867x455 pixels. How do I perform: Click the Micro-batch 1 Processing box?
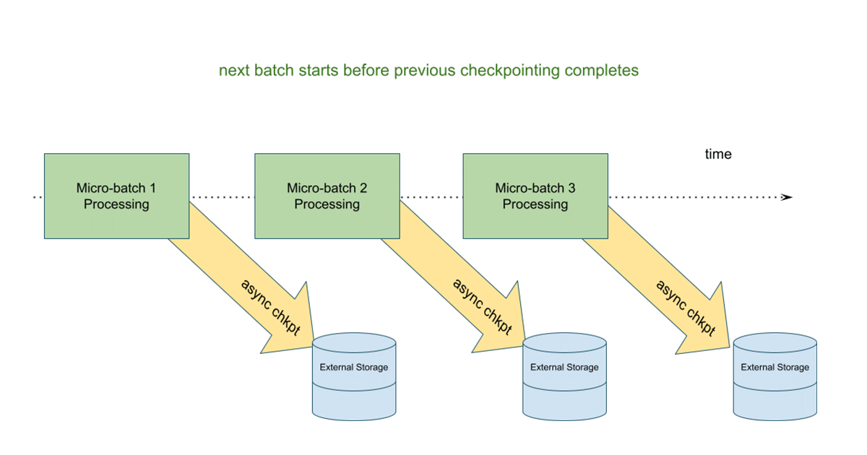coord(116,196)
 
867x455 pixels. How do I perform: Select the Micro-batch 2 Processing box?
coord(327,196)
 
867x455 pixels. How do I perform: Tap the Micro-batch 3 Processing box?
coord(535,196)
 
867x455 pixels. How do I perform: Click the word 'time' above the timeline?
coord(718,154)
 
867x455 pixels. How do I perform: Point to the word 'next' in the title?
coord(232,71)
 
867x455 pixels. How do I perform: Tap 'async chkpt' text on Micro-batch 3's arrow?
coord(685,308)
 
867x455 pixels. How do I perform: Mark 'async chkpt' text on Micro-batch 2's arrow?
coord(482,306)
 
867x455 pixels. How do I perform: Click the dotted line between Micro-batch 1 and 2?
coord(222,197)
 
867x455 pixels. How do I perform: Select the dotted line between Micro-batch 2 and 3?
coord(431,197)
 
